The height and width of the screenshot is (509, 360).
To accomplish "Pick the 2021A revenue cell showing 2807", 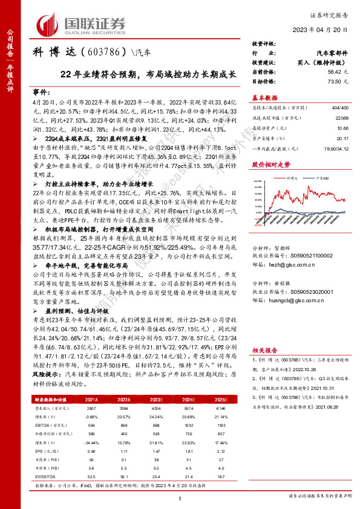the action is click(x=91, y=407).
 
